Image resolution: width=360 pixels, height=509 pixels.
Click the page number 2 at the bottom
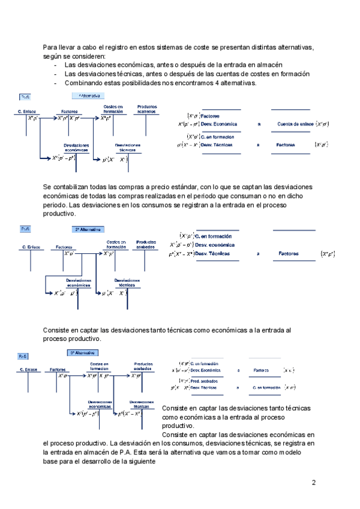314,482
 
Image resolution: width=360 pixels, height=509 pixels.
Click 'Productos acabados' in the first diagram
147,109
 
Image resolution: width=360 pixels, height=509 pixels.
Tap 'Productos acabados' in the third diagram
143,366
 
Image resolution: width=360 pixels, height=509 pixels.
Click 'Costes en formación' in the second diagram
116,244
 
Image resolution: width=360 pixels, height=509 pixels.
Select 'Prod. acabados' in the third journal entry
204,381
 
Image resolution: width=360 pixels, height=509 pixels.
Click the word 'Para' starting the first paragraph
51,47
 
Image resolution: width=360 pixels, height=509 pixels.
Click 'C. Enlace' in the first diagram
29,112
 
